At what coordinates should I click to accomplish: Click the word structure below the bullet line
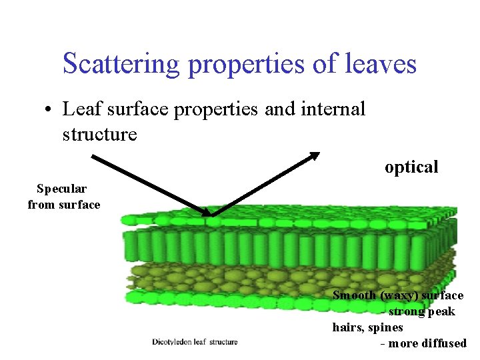click(x=99, y=134)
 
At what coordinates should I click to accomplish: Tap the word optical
click(x=411, y=167)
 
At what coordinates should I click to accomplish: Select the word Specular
click(x=61, y=189)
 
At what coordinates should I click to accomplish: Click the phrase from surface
click(x=64, y=205)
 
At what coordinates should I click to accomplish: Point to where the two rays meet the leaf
click(x=211, y=215)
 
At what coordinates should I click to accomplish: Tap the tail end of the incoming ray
click(x=93, y=157)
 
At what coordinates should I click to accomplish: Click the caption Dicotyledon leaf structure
click(x=195, y=342)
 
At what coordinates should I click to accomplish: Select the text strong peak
click(x=421, y=311)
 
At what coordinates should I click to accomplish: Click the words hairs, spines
click(x=367, y=327)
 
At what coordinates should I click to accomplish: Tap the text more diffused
click(x=427, y=343)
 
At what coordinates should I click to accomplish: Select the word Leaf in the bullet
click(x=79, y=109)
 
